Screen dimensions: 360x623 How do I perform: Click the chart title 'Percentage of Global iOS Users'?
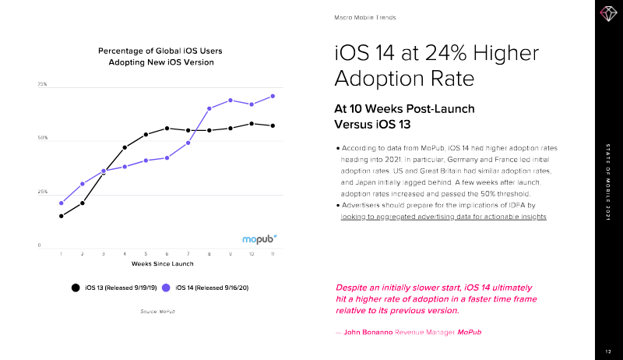click(156, 51)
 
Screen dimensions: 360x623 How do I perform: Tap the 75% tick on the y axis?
click(43, 84)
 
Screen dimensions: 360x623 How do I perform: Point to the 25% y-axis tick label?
click(43, 192)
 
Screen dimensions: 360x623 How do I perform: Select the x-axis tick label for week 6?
click(167, 254)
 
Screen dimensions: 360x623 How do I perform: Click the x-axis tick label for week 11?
click(273, 254)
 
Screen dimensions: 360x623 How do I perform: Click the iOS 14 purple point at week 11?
click(273, 96)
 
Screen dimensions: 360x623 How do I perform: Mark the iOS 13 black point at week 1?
click(61, 216)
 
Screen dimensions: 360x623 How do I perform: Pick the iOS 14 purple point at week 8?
click(209, 108)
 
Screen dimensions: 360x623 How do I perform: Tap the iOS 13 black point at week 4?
click(125, 147)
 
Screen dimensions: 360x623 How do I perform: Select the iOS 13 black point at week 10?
click(252, 124)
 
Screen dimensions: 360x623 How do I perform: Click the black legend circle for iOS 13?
click(76, 288)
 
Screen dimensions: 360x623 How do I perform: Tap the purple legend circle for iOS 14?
click(166, 288)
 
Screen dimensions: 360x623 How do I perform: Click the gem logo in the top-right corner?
click(607, 13)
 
